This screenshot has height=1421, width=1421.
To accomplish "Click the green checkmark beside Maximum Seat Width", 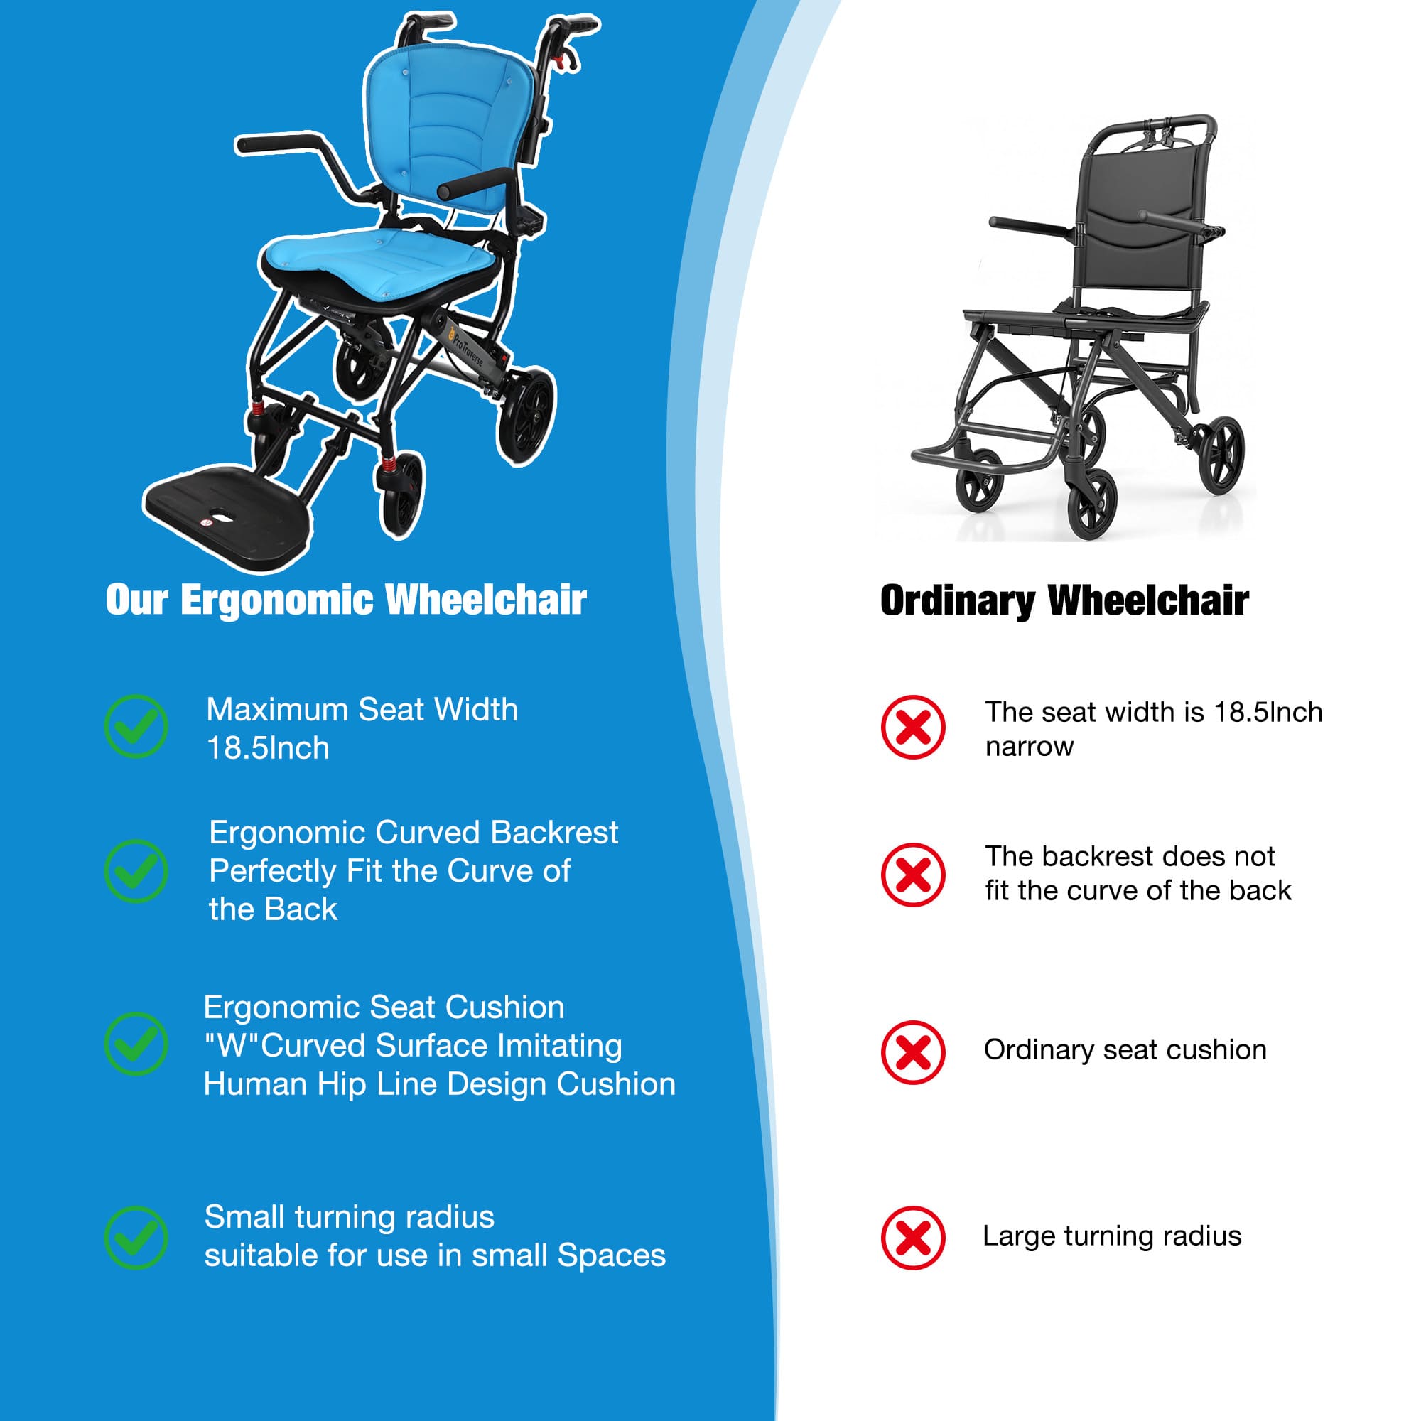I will coord(136,726).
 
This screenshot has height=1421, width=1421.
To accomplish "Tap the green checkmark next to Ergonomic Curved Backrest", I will coord(136,871).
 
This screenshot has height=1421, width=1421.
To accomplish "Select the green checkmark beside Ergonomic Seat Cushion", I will coord(136,1044).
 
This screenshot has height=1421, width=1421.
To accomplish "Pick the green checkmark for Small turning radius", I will coord(136,1237).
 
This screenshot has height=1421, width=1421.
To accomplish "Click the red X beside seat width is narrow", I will coord(913,727).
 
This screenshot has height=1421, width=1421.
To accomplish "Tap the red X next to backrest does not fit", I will coord(913,875).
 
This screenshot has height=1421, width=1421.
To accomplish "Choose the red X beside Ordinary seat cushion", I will coord(913,1052).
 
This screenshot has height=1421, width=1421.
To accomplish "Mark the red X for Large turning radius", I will coord(913,1238).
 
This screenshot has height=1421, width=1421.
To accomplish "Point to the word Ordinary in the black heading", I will coord(958,601).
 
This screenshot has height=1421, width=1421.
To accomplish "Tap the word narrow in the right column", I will coord(1029,747).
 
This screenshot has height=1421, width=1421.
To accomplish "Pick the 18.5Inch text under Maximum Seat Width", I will coord(268,749).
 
